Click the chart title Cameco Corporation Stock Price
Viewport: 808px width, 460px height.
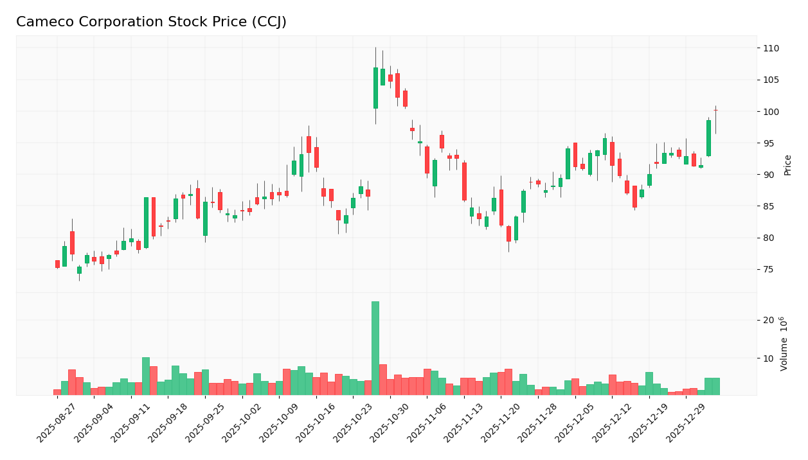click(151, 22)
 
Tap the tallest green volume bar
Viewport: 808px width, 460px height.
click(375, 348)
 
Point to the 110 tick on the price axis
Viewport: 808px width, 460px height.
click(771, 49)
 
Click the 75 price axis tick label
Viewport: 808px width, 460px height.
click(771, 270)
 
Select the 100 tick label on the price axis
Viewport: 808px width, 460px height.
click(771, 112)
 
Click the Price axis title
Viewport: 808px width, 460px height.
click(788, 164)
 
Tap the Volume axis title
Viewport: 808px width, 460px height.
click(784, 344)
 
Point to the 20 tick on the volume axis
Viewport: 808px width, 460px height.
click(769, 321)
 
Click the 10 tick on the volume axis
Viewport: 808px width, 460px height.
click(769, 358)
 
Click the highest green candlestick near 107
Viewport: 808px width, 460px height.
click(375, 88)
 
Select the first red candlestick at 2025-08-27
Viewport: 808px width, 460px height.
click(57, 264)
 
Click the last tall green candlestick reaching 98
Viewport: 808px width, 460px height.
click(708, 138)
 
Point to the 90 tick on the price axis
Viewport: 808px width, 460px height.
click(771, 175)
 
